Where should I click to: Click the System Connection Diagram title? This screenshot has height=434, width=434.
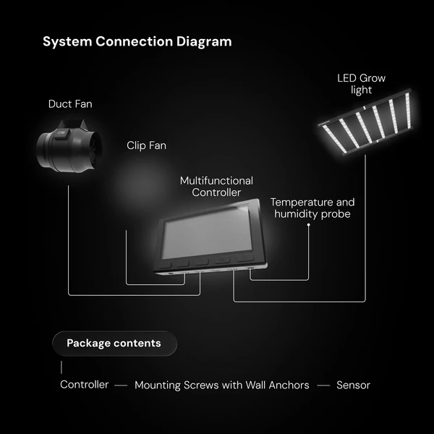pyautogui.click(x=137, y=42)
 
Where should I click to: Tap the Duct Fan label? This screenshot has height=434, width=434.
pyautogui.click(x=70, y=104)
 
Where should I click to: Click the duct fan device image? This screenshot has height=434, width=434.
pyautogui.click(x=69, y=146)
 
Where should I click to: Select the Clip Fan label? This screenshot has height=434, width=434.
pyautogui.click(x=146, y=145)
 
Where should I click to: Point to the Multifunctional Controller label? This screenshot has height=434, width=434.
pyautogui.click(x=216, y=187)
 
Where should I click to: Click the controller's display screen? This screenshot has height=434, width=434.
pyautogui.click(x=208, y=232)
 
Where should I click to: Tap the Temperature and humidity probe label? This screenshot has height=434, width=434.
pyautogui.click(x=312, y=208)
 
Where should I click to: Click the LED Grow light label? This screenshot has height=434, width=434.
pyautogui.click(x=361, y=84)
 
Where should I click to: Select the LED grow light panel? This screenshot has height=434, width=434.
pyautogui.click(x=365, y=122)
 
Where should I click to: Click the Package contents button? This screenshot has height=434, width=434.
pyautogui.click(x=114, y=343)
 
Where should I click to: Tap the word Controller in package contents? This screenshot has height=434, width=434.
pyautogui.click(x=84, y=385)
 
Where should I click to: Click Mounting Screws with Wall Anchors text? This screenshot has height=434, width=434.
pyautogui.click(x=222, y=385)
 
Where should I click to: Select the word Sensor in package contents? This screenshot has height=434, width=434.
pyautogui.click(x=353, y=385)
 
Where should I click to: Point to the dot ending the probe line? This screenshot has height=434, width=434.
pyautogui.click(x=309, y=225)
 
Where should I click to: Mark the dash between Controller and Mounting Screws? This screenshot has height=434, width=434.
pyautogui.click(x=121, y=386)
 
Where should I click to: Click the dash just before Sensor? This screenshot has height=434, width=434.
pyautogui.click(x=323, y=386)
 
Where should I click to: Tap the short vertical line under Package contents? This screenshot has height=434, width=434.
pyautogui.click(x=61, y=367)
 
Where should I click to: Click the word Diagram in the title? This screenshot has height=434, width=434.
pyautogui.click(x=204, y=42)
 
